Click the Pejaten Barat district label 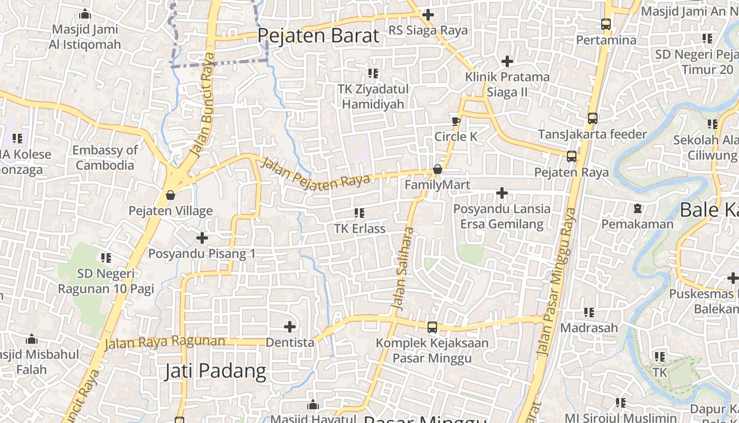point(318,36)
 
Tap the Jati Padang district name point(215,371)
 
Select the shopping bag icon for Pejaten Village point(170,195)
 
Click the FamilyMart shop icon point(437,169)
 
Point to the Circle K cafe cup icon point(456,121)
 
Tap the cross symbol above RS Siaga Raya point(428,15)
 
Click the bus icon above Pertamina point(605,24)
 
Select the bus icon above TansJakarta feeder point(592,118)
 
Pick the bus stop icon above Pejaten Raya point(571,157)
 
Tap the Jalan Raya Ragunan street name point(165,342)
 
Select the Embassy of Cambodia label point(105,158)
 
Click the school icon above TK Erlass point(359,213)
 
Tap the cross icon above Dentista point(290,327)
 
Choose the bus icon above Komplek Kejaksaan point(432,327)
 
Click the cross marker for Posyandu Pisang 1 point(202,238)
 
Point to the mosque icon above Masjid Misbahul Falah point(31,338)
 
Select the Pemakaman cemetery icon point(637,208)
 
